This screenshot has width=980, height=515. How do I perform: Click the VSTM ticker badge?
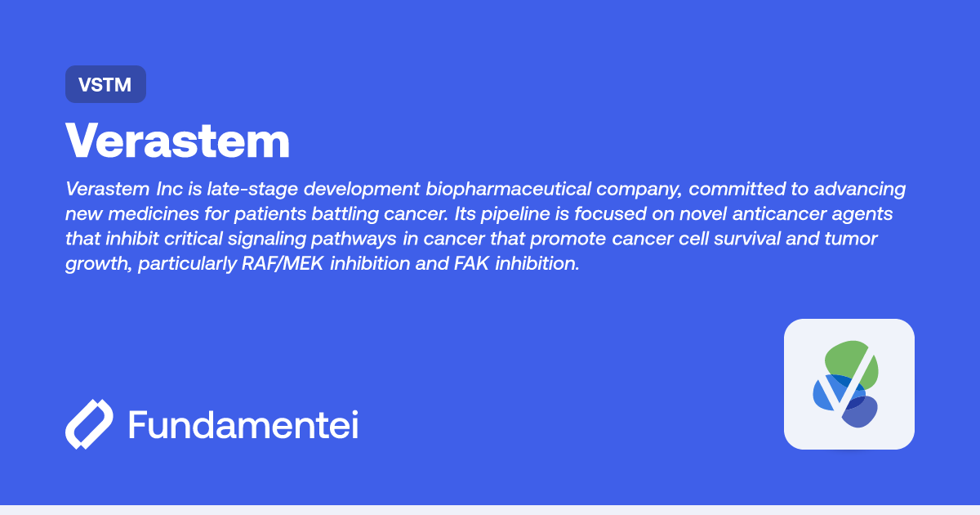click(x=105, y=84)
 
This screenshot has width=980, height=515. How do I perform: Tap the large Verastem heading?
click(x=178, y=141)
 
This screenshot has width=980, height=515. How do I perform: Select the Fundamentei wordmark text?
click(x=243, y=425)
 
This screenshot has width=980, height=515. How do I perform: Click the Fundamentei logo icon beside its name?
click(x=89, y=425)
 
